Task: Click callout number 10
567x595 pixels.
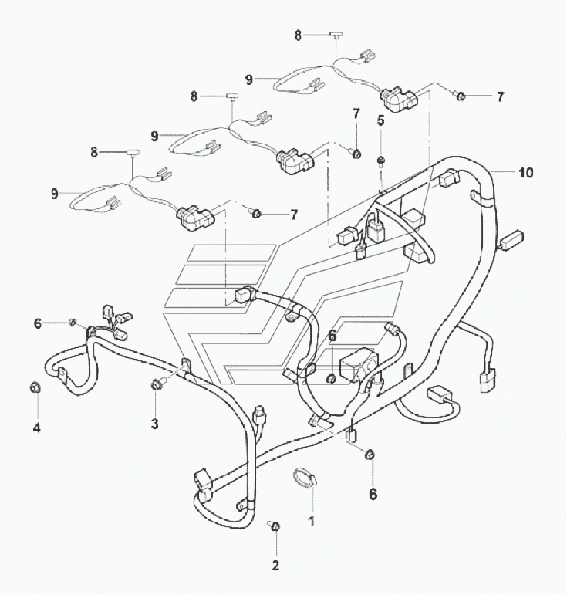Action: [525, 173]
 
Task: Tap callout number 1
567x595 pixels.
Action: [312, 522]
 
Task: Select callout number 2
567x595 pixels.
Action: [275, 566]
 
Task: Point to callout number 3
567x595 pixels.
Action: [155, 424]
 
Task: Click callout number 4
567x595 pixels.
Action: [37, 428]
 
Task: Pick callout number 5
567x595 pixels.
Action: [380, 120]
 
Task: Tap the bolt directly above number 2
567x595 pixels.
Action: [274, 526]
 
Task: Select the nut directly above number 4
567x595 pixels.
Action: [35, 387]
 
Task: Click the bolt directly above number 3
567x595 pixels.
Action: [157, 385]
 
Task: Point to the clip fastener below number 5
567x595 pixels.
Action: [380, 161]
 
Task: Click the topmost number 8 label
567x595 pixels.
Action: [298, 35]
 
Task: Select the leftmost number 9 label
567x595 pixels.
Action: [55, 194]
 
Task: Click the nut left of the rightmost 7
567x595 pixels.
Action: [460, 96]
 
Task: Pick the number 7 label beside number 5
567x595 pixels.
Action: [356, 113]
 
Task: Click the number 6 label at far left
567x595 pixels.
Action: [37, 323]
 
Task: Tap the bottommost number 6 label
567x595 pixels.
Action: [373, 494]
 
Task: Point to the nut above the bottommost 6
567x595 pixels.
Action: [370, 455]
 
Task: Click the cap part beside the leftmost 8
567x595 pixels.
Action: [133, 153]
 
